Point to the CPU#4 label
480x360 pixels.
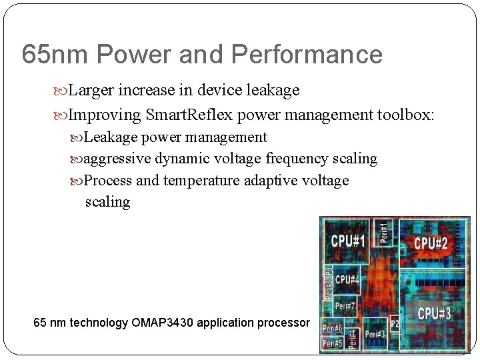tap(347, 279)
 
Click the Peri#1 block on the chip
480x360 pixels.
tap(384, 232)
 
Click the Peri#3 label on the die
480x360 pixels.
tap(375, 334)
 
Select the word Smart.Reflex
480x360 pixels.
tap(189, 115)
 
